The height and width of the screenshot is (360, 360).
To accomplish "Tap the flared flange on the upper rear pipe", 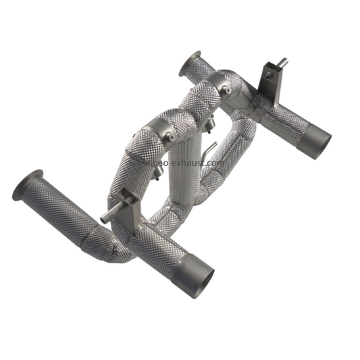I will click(x=190, y=63).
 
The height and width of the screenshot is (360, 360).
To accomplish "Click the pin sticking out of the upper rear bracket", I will click(x=281, y=63).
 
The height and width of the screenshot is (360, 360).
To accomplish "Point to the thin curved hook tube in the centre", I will click(x=210, y=150).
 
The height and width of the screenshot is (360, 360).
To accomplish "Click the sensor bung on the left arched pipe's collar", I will click(x=171, y=137).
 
